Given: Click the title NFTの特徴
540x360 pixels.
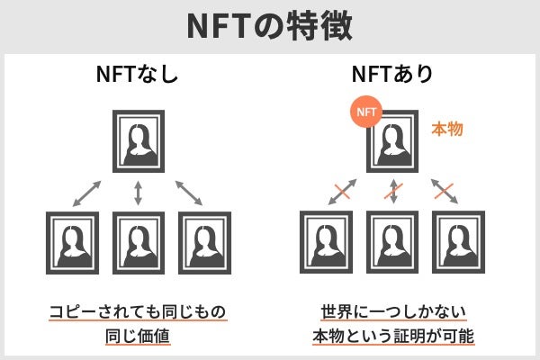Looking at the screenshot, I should coord(270,25).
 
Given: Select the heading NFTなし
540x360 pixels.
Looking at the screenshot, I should coord(138,76).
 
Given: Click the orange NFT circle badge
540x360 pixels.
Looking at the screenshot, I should coord(365,113).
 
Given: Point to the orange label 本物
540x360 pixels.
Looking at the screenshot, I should coord(447,130).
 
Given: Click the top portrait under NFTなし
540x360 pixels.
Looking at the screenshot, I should coord(138,142).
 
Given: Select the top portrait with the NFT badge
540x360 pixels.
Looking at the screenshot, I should coord(393,142).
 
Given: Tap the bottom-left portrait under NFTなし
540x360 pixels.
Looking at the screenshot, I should coord(72,242).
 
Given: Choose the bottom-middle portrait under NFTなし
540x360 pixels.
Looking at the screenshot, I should coord(138,242).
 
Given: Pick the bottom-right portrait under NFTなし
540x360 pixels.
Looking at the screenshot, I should coord(203,242).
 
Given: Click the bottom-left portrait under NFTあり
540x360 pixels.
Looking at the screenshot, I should coord(327,242).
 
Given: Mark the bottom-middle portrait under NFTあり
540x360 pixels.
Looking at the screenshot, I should coord(392,242).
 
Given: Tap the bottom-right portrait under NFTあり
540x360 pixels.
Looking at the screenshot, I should coord(458,242).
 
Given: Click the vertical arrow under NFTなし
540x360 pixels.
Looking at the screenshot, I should coord(138,192).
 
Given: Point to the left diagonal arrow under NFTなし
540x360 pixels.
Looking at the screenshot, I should coord(87,192).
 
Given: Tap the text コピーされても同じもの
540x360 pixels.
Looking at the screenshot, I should coord(138,312).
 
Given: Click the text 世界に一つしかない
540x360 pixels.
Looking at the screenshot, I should coord(392,312).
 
